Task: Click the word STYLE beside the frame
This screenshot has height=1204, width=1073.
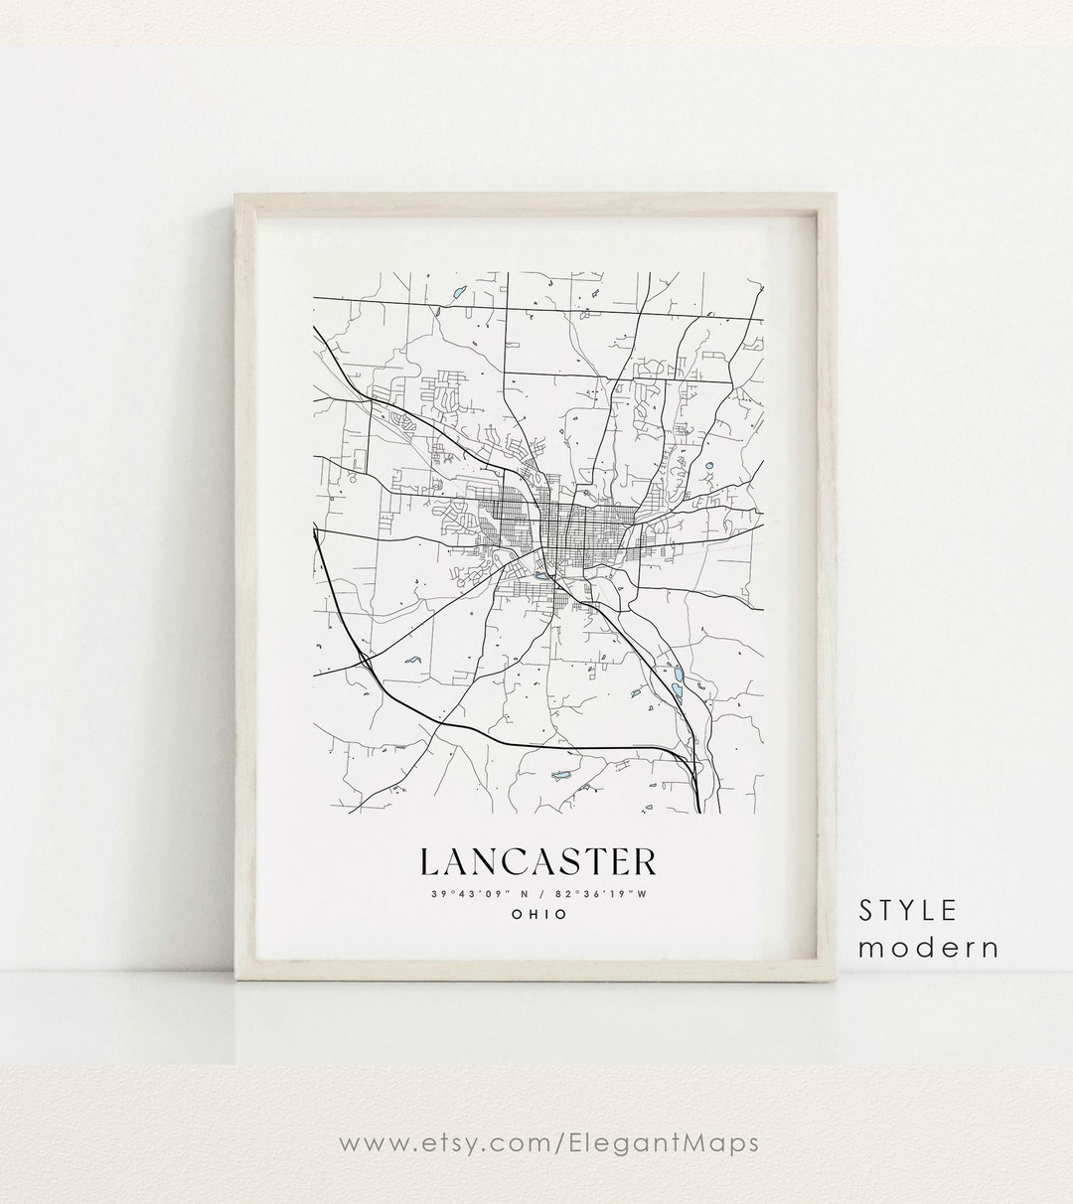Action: [x=909, y=910]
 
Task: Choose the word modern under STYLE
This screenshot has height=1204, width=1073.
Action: [x=929, y=947]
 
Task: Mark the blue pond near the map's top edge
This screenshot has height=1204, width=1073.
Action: [x=458, y=293]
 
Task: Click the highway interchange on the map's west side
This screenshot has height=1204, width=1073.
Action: [x=368, y=660]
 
